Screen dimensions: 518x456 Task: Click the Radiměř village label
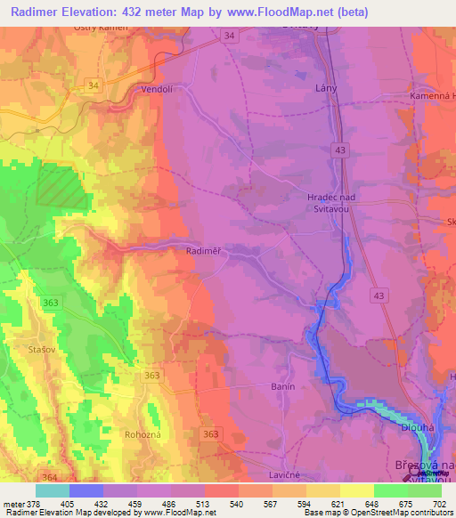tap(204, 252)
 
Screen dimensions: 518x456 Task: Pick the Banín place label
tap(282, 387)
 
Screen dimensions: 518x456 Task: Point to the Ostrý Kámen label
tap(101, 28)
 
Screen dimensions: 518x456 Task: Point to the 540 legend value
tap(238, 504)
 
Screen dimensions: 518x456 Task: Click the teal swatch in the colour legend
tap(53, 490)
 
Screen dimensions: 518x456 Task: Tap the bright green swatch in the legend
tap(424, 490)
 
